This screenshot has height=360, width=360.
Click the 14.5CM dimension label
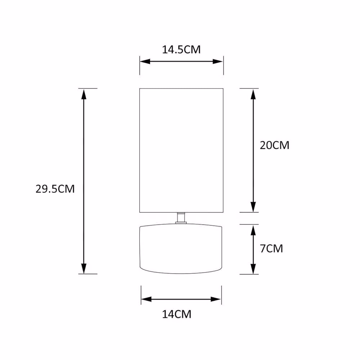[181, 50]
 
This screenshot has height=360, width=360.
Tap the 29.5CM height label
[55, 189]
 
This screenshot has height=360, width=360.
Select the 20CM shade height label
[274, 145]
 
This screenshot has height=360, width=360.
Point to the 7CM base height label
[271, 249]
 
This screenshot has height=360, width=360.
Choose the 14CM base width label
[176, 314]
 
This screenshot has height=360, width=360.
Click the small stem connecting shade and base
[181, 217]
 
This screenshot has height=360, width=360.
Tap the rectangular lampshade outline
[140, 150]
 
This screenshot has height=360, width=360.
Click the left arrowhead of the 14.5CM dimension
[145, 62]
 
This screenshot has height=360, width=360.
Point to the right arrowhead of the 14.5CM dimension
[218, 62]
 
